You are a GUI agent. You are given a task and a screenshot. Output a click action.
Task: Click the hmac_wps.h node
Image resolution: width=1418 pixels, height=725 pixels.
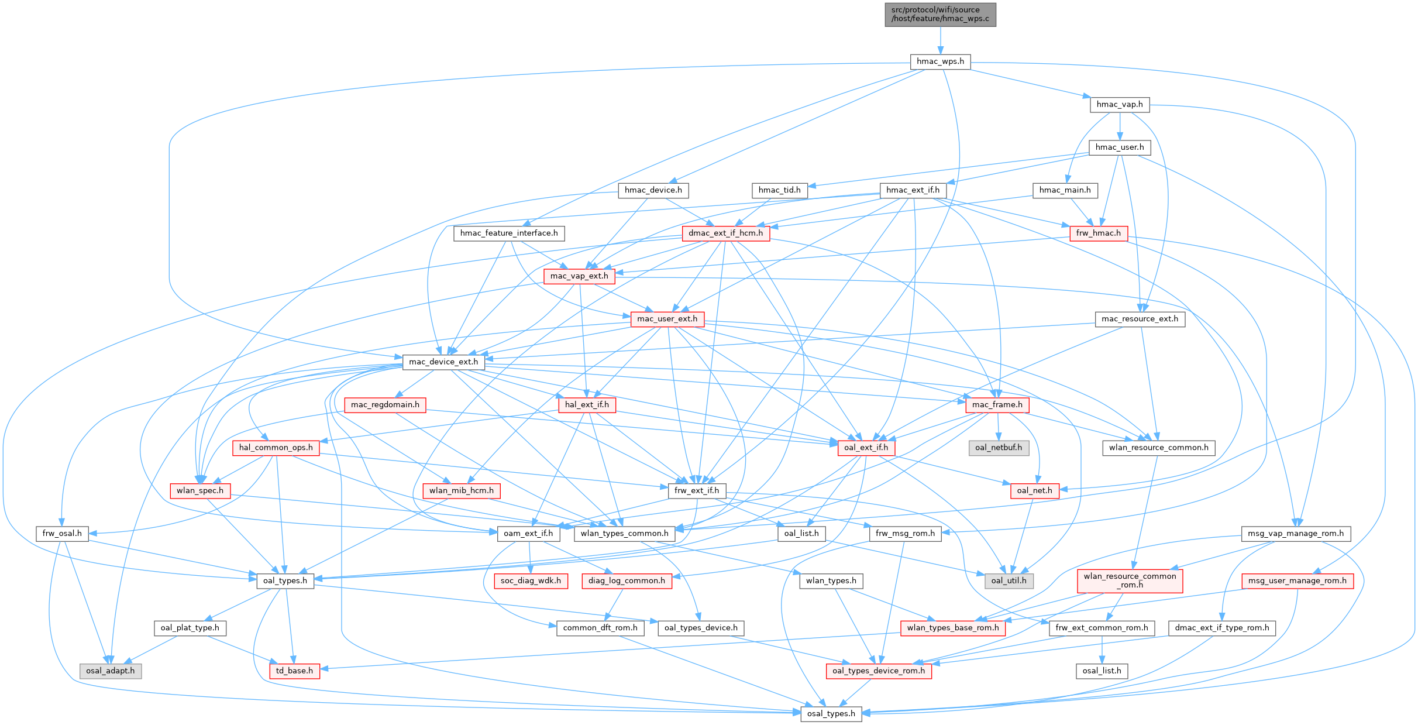coord(940,61)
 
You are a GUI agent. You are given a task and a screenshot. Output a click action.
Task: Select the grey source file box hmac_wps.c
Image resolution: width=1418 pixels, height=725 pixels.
coord(940,14)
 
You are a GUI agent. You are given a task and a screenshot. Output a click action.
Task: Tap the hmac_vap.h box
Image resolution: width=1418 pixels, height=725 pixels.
coord(1120,105)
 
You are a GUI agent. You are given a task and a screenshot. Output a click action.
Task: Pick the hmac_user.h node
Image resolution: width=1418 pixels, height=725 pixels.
coord(1120,147)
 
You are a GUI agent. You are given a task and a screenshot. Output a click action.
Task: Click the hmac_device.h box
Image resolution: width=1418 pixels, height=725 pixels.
coord(653,190)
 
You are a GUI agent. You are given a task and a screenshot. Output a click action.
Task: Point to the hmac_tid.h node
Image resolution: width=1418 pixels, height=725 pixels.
coord(779,190)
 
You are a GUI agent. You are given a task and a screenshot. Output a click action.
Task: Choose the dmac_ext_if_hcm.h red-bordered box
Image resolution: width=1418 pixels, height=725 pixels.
coord(725,233)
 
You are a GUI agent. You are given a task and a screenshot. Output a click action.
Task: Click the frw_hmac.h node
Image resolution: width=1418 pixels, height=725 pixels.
coord(1098,233)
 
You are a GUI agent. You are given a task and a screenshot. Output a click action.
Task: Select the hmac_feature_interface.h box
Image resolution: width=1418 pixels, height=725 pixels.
coord(509,233)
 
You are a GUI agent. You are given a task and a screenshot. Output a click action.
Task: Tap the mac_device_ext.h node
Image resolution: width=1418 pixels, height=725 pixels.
coord(443,362)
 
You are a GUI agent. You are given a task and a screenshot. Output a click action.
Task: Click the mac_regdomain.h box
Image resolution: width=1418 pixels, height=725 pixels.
coord(385,405)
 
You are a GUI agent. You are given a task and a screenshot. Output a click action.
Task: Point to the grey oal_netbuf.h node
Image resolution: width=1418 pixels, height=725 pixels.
coord(999,448)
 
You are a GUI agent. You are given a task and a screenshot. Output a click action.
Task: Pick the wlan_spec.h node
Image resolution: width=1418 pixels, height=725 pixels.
coord(200,490)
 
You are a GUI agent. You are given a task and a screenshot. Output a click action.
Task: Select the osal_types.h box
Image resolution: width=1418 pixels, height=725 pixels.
coord(831,714)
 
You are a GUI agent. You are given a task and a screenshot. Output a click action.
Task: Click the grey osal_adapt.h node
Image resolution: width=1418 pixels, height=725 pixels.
coord(110,671)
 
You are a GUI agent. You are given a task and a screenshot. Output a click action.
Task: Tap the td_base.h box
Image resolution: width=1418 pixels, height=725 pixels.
coord(295,671)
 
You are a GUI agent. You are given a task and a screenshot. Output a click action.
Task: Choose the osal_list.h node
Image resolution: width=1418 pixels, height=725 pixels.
coord(1102,671)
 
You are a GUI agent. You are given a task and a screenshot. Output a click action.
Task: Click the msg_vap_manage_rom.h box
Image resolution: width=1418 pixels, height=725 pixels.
coord(1296,534)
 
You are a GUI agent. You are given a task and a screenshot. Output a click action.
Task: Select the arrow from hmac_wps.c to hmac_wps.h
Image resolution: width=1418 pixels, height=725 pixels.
coord(940,40)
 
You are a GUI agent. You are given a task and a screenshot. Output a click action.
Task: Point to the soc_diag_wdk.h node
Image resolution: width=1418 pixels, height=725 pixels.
coord(531,581)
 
